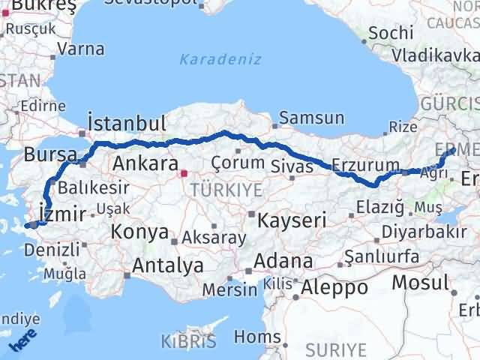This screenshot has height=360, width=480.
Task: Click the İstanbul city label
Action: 126,123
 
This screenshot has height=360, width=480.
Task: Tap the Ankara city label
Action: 144,163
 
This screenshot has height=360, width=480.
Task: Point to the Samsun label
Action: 312,118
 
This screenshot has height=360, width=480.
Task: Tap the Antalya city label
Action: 167,265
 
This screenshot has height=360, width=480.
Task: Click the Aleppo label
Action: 334,287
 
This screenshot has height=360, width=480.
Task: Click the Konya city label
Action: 139,232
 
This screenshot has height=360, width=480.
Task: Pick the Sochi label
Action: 390,33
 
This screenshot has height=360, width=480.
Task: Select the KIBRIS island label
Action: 183,343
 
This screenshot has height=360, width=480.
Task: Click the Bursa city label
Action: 49,155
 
